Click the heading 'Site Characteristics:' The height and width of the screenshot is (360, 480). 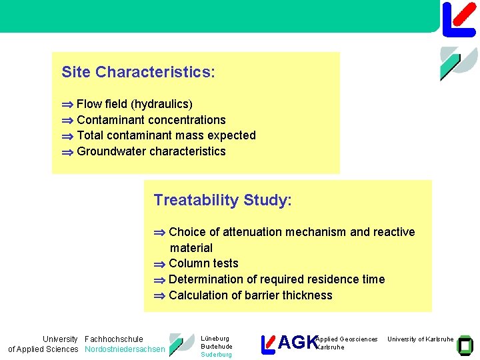point(138,72)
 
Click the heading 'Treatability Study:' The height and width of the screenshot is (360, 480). point(223,200)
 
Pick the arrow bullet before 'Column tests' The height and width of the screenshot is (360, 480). point(159,264)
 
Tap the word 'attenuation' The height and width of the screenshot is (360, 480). point(253,232)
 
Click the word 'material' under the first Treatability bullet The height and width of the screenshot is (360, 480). point(191,248)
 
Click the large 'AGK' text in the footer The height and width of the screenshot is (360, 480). point(297,343)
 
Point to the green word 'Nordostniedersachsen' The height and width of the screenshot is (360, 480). point(125,349)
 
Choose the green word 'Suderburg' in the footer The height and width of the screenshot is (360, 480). point(216,355)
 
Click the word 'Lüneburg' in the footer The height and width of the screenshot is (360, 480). point(215,339)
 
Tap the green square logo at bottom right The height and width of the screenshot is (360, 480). point(465,343)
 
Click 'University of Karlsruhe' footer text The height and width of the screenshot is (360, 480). point(420,339)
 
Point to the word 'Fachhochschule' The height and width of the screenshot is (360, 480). point(114,339)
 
